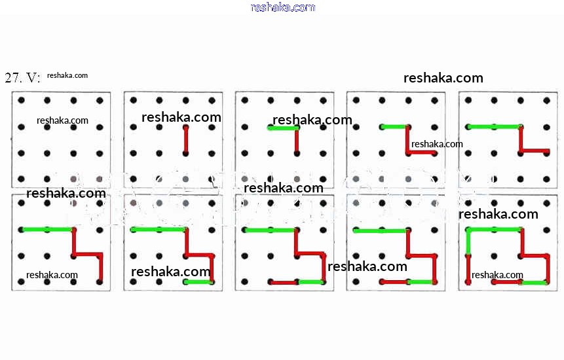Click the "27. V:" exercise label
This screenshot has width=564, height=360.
(22, 78)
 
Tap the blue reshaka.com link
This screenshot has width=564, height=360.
(282, 7)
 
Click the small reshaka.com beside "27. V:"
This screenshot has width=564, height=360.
(67, 75)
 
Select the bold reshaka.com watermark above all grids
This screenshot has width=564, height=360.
(443, 78)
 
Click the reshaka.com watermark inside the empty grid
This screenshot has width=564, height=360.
(62, 120)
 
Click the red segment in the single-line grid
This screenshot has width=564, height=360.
(186, 140)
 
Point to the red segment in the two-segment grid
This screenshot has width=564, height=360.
(297, 140)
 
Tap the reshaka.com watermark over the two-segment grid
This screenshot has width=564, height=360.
(312, 120)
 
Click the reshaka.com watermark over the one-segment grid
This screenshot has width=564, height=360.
(181, 117)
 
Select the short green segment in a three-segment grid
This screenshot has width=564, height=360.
(394, 126)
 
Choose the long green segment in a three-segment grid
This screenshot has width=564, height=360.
(493, 126)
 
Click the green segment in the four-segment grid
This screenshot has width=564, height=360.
(47, 229)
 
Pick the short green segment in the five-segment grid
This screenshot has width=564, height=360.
(198, 281)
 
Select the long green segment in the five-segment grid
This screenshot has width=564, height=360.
(159, 229)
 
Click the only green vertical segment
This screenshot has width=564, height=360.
(468, 242)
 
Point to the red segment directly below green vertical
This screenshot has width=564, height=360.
(468, 269)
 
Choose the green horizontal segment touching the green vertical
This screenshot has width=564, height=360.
(495, 229)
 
